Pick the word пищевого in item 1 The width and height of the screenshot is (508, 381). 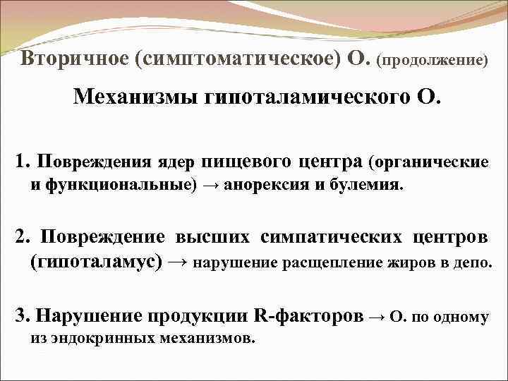click(x=244, y=162)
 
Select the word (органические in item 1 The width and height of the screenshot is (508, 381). click(x=428, y=162)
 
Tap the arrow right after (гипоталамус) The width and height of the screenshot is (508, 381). click(x=179, y=262)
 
